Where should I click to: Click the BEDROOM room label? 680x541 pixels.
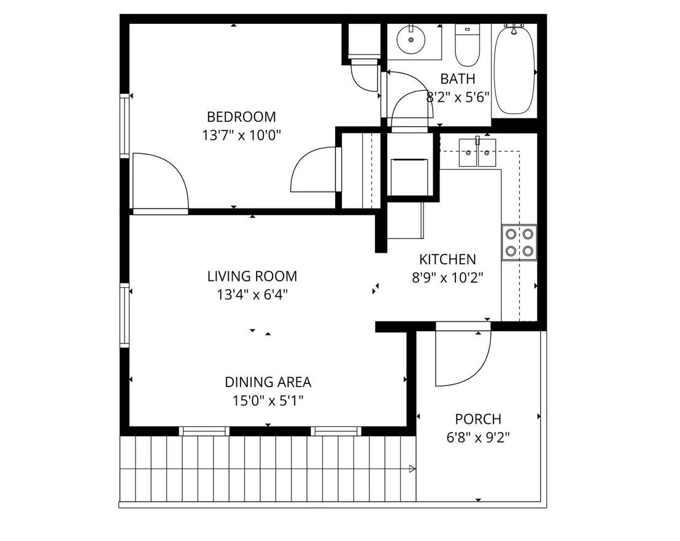point(241,117)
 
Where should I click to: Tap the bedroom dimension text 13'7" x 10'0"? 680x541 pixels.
point(242,135)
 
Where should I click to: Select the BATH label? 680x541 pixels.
point(457,79)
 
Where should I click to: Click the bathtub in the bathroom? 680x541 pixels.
point(514,70)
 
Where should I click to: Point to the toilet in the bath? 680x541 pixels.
point(467,45)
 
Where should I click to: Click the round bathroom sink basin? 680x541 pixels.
point(411,39)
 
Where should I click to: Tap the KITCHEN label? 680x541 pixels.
point(447,259)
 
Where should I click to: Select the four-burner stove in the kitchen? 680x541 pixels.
point(519,243)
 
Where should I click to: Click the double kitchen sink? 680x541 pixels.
point(477,152)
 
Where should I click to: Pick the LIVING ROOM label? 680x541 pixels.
point(252,276)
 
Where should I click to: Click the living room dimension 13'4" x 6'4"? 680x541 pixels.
point(252,295)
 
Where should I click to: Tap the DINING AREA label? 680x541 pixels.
point(268,382)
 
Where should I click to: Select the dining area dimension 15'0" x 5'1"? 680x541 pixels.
point(268,401)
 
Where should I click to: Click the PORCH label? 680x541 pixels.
point(478,419)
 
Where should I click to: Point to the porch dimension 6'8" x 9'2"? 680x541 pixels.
point(478,437)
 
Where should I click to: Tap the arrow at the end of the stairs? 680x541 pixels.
point(412,469)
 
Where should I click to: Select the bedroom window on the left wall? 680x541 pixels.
point(125,125)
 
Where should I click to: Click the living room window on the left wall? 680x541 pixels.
point(125,315)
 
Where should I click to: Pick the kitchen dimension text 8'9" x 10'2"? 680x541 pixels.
point(447,277)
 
